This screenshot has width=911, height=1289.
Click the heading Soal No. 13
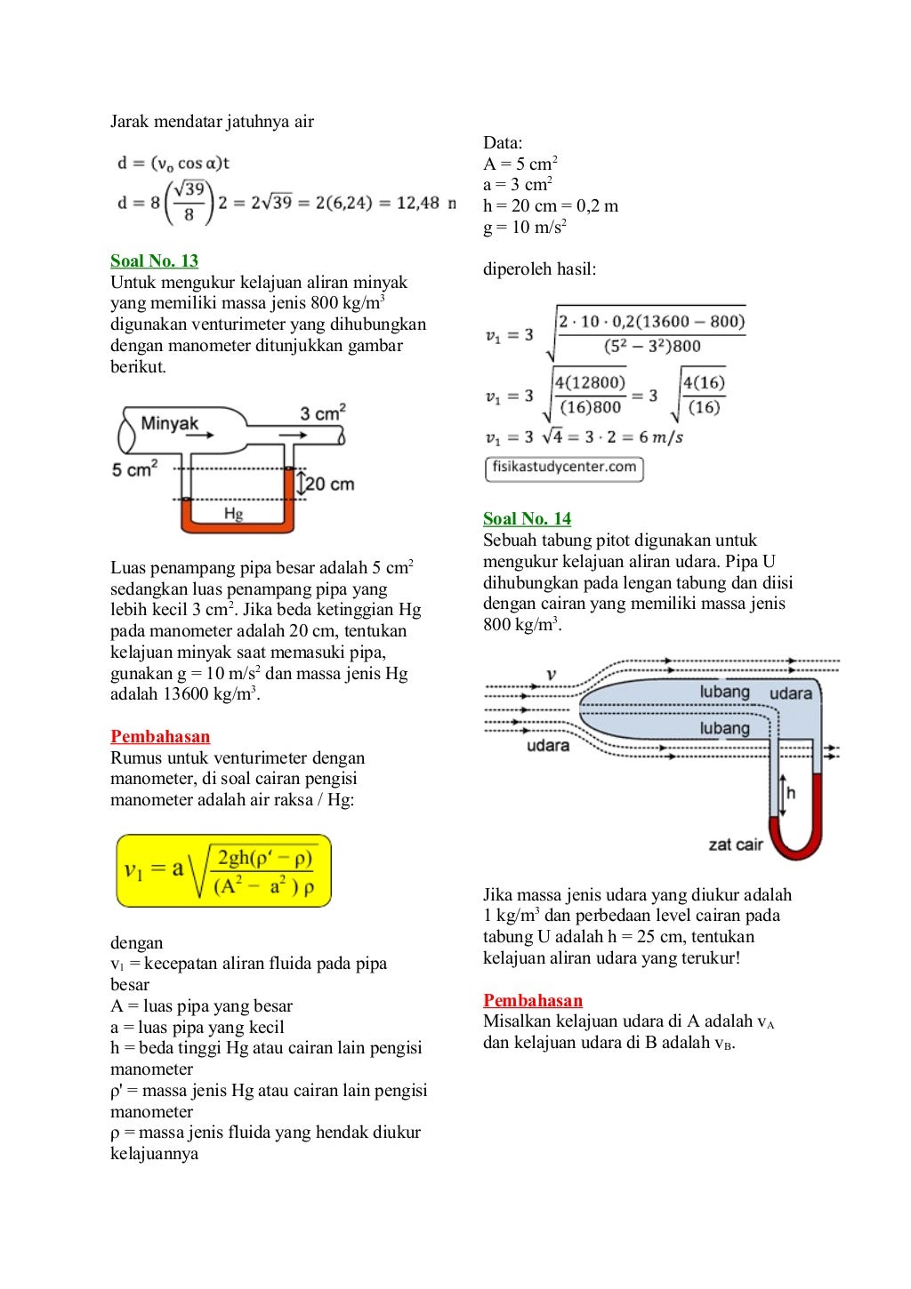154,260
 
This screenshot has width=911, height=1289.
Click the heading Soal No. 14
527,518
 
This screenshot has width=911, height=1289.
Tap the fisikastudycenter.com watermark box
564,468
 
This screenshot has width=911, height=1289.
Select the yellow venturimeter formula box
223,870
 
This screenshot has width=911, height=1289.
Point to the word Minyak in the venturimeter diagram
169,423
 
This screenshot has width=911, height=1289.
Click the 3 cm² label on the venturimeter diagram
322,413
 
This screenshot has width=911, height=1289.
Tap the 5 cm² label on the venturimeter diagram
134,468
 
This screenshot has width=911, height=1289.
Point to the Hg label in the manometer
233,514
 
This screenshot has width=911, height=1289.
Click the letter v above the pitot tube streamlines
552,675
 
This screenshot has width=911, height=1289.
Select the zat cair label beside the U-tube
736,844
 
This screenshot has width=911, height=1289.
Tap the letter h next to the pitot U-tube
791,792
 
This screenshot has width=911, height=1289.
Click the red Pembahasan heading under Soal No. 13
160,736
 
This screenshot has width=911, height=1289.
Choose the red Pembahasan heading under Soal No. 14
533,1000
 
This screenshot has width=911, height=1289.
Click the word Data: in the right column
503,142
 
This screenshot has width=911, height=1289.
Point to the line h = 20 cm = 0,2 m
550,205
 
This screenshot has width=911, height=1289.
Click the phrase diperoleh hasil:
539,268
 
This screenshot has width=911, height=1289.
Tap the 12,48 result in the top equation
417,203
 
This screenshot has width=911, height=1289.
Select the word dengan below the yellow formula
136,942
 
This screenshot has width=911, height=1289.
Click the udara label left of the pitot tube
548,745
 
